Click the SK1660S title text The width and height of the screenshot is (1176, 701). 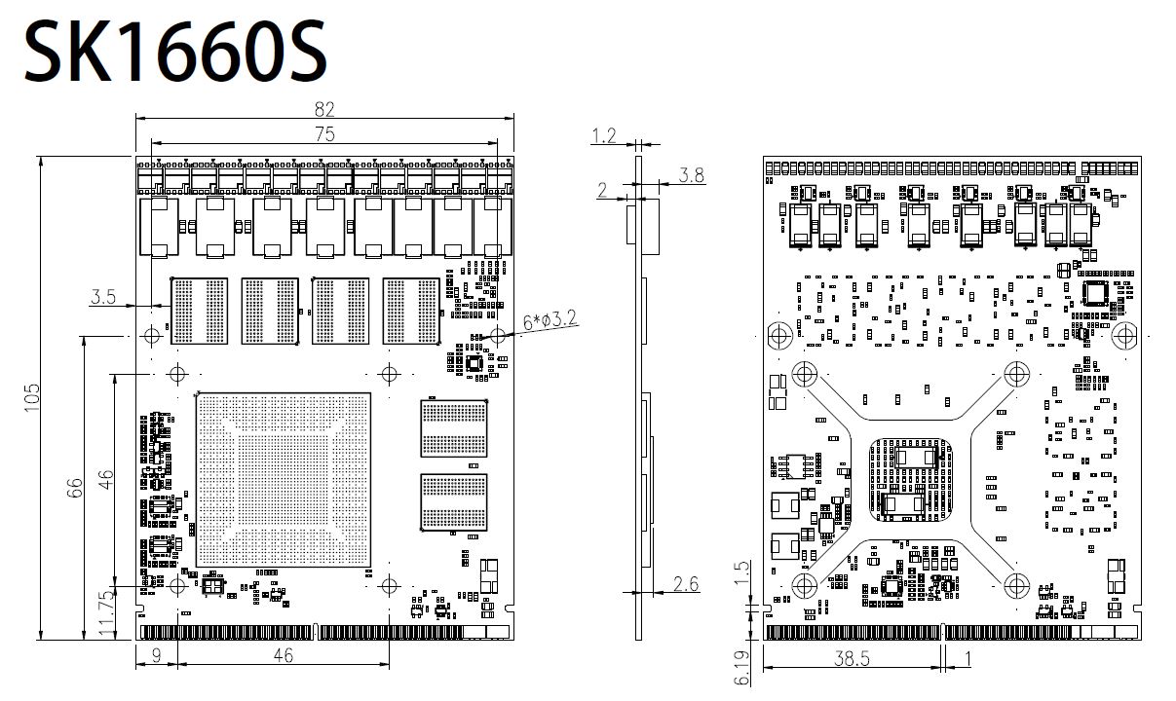pos(176,51)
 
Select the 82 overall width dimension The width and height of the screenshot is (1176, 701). pos(324,109)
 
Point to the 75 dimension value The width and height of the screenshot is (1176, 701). pos(325,134)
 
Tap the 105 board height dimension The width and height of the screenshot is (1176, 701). pos(32,397)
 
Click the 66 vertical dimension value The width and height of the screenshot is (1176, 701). pos(75,488)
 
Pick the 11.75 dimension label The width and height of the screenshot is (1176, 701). pos(106,611)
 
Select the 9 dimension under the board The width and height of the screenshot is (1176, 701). pos(157,655)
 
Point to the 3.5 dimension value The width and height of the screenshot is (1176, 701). pos(103,296)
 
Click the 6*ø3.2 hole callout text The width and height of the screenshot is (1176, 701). pos(550,320)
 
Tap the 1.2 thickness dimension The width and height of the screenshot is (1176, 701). pos(604,136)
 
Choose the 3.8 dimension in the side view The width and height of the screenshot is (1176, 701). pos(691,174)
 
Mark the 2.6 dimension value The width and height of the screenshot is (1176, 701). pos(686,583)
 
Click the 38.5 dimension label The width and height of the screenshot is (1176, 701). pos(852,658)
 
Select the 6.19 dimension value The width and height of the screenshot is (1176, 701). pos(741,668)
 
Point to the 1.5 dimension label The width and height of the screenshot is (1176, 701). pos(741,573)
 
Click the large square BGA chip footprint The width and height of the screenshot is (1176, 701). pos(284,480)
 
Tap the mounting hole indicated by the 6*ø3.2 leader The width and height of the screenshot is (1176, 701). pos(497,334)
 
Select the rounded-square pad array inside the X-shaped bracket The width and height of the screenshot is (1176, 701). pos(911,480)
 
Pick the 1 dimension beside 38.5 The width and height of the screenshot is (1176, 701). pos(968,658)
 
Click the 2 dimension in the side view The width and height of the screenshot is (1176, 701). pos(602,190)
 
